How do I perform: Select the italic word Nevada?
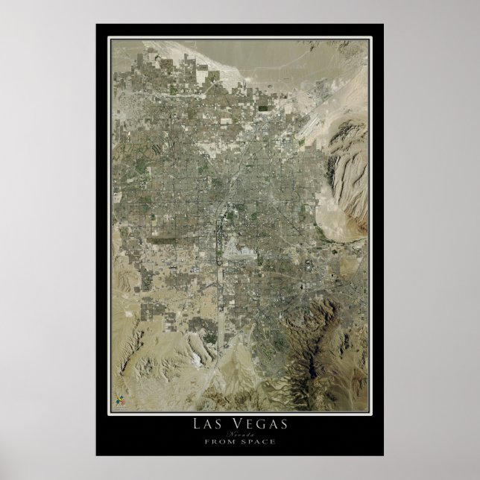point(239,434)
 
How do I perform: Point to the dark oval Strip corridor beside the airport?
point(221,246)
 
